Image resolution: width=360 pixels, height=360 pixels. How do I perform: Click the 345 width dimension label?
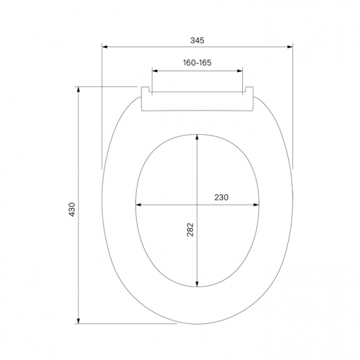pos(197,41)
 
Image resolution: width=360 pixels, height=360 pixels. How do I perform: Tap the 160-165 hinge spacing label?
pos(197,63)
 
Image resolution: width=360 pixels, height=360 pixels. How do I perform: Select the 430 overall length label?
pos(72,209)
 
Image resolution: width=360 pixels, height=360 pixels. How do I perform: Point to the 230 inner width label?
pos(221,198)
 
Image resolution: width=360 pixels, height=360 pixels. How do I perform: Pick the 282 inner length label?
pos(190,230)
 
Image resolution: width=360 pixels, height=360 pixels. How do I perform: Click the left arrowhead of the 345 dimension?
pos(105,47)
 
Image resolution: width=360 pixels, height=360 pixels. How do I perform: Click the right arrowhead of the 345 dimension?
pos(290,47)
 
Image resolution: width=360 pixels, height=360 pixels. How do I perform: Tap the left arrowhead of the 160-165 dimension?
pos(155,71)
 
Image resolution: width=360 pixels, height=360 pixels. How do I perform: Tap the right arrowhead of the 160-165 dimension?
pos(240,71)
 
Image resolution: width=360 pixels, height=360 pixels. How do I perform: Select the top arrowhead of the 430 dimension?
pos(79,90)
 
